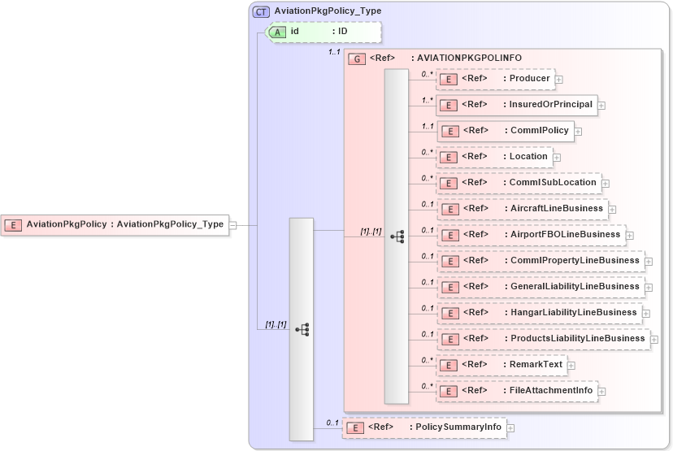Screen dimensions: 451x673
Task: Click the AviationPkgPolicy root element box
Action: (x=114, y=225)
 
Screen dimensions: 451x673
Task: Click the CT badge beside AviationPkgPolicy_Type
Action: (x=261, y=11)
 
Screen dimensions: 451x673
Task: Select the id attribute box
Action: (x=324, y=32)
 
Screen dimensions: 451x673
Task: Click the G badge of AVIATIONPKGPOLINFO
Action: (x=355, y=59)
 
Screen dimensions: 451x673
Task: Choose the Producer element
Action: (x=495, y=79)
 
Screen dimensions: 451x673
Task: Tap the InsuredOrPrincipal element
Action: (x=516, y=105)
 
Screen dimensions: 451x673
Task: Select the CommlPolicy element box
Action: (x=505, y=131)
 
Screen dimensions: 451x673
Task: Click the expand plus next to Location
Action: (x=557, y=157)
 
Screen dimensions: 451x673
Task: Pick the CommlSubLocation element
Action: (x=519, y=183)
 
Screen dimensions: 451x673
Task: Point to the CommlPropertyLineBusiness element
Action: (x=541, y=261)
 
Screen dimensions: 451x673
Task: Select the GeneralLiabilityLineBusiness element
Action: (x=541, y=287)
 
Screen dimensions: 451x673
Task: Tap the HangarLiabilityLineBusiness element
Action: (x=539, y=313)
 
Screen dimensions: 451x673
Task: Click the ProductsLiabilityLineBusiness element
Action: (x=543, y=339)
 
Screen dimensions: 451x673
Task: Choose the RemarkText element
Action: (x=501, y=365)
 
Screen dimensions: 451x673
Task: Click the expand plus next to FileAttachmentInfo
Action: (x=602, y=392)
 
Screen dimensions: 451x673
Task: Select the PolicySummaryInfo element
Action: (x=423, y=427)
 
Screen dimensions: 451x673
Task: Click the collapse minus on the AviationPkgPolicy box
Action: (x=232, y=225)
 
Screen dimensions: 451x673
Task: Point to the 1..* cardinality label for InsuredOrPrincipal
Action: (x=427, y=101)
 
